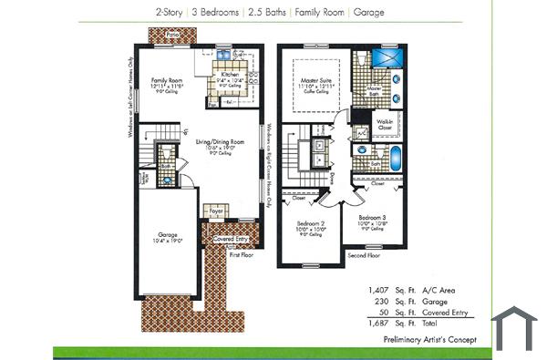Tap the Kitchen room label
click(x=230, y=74)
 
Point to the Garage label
click(x=168, y=234)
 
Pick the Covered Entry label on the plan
click(x=230, y=240)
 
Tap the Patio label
click(x=173, y=31)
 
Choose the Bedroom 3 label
click(x=372, y=217)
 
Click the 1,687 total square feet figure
click(x=377, y=323)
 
